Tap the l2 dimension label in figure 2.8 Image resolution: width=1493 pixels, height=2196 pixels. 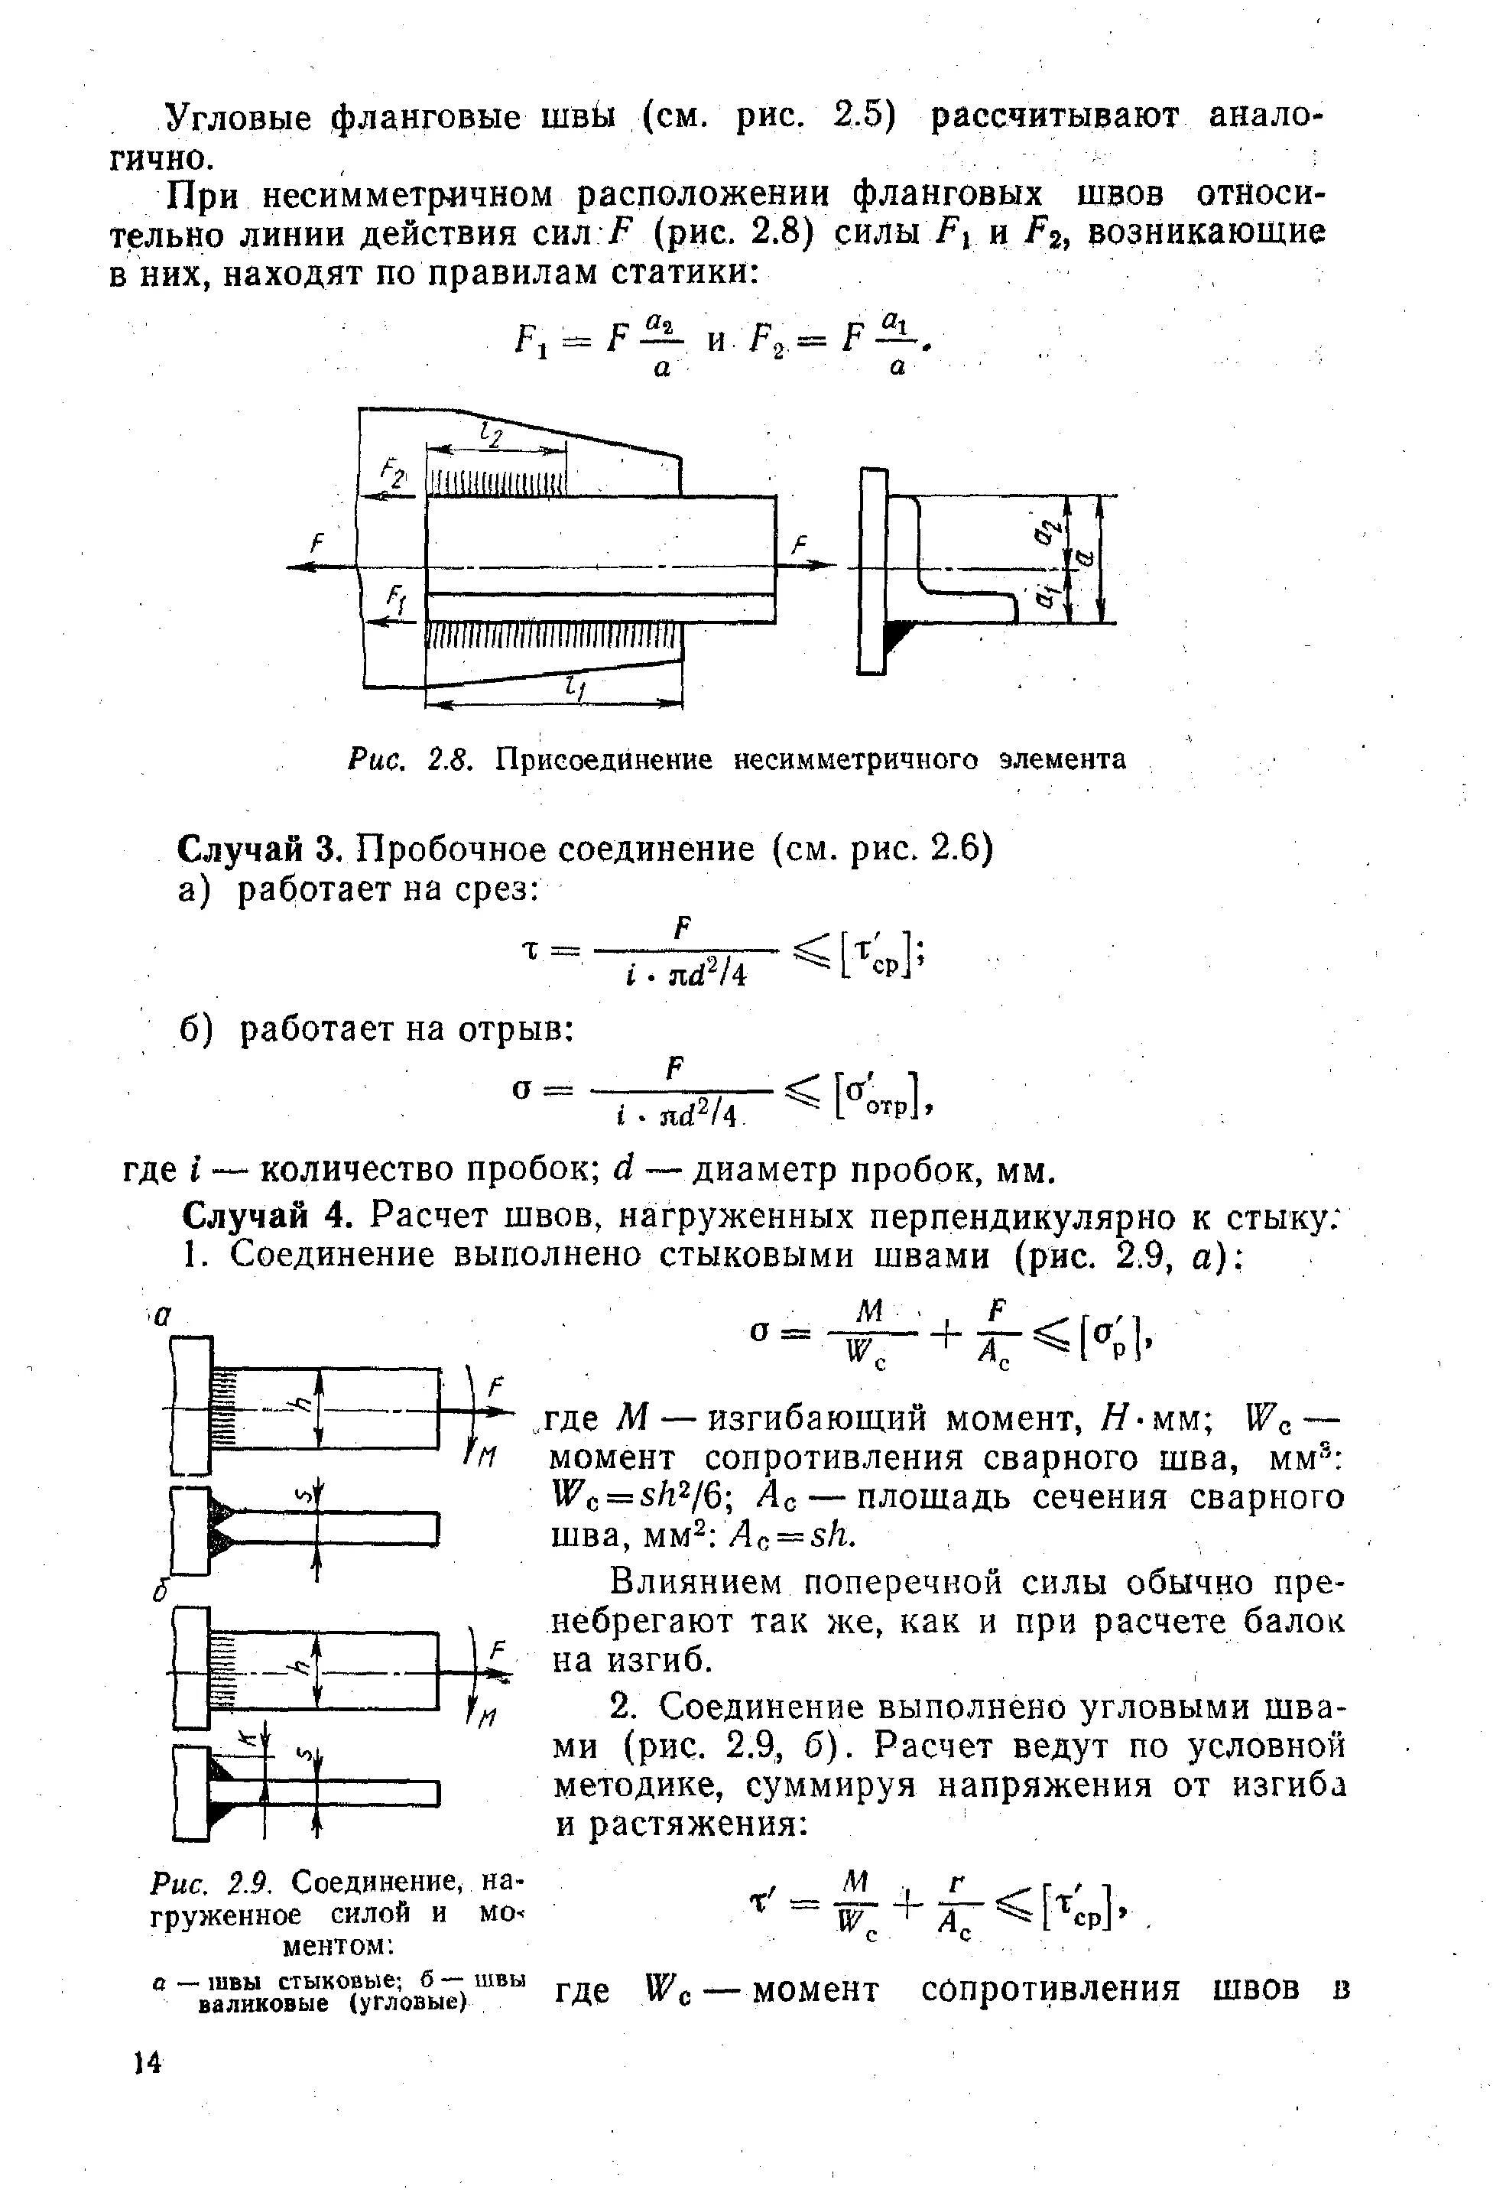point(492,436)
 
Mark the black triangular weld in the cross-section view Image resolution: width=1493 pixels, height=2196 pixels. point(900,635)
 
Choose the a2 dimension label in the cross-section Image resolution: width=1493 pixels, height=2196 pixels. point(1045,534)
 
